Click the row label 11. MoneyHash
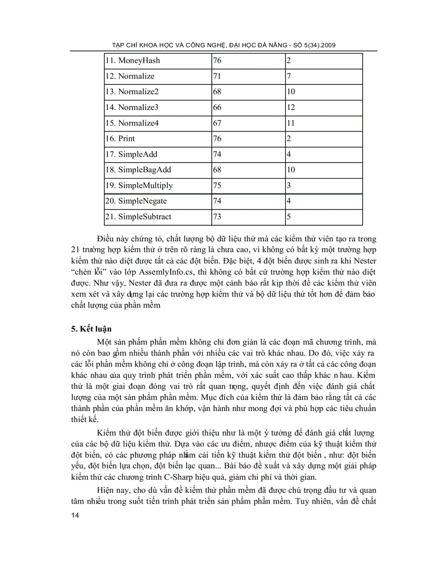[132, 61]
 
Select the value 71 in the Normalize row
[217, 76]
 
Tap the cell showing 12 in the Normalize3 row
[291, 107]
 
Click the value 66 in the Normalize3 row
[217, 107]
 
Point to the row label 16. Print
[120, 139]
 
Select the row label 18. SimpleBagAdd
[138, 170]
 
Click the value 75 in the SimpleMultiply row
[217, 185]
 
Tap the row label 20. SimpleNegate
[136, 201]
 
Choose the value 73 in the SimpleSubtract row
[217, 217]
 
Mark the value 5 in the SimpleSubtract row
[289, 217]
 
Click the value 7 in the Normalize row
[289, 76]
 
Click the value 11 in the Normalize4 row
[291, 123]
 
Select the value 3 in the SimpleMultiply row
[289, 185]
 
